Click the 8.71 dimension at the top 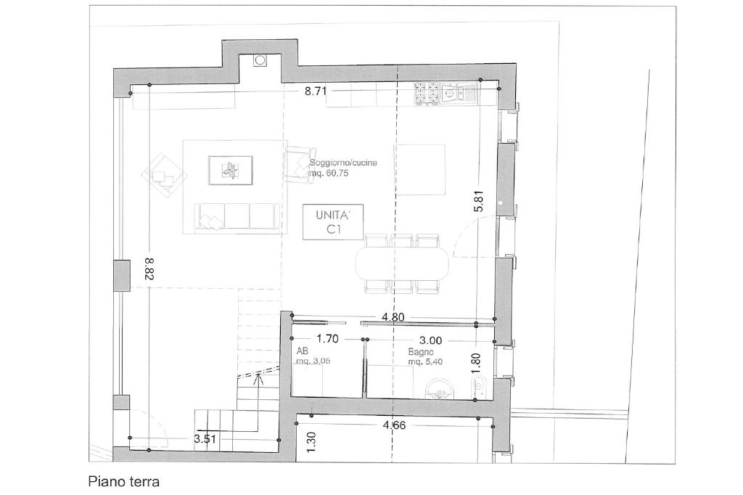pos(316,91)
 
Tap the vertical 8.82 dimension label pos(148,269)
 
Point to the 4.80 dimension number pos(393,316)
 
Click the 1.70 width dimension pos(327,339)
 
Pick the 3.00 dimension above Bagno pos(431,340)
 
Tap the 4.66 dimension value pos(394,425)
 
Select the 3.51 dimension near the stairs pos(205,439)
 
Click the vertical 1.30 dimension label pos(311,441)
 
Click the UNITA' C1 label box pos(333,222)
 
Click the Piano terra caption pos(123,482)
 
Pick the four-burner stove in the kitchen pos(427,94)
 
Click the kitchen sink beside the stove pos(459,94)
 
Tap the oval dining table pos(402,263)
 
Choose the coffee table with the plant pos(231,171)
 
